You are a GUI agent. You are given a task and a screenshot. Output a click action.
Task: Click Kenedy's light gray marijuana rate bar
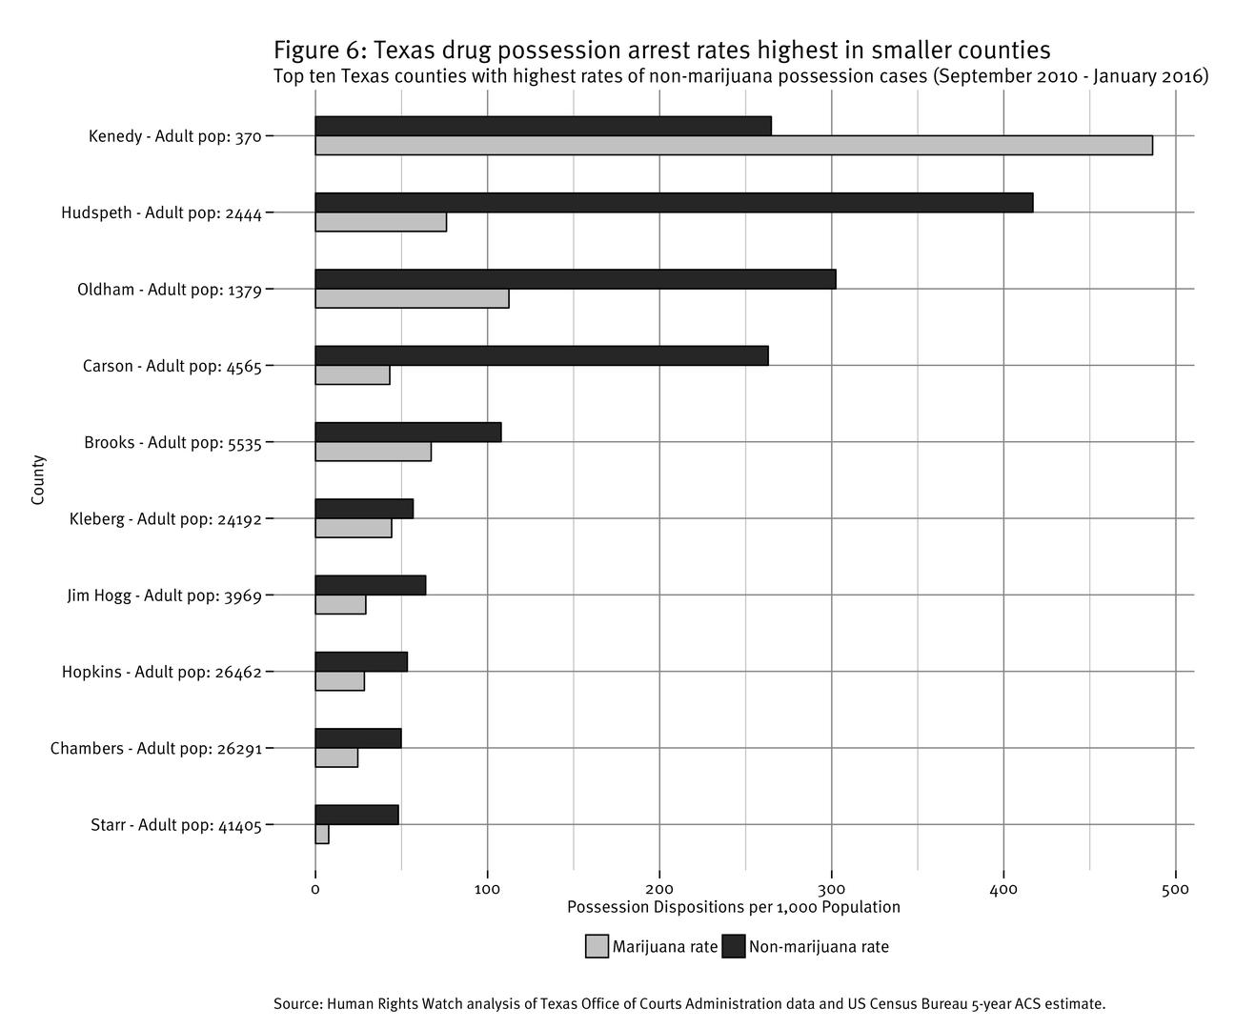[x=733, y=146]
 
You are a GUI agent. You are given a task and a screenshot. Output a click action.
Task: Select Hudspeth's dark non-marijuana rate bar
[x=674, y=203]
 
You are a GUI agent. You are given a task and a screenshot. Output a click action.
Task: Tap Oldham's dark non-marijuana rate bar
[x=576, y=279]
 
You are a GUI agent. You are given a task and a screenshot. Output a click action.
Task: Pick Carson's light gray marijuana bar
[x=353, y=375]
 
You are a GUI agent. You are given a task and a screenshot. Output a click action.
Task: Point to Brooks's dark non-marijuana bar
[x=408, y=433]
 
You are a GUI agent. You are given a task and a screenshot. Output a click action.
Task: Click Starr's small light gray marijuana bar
[x=322, y=835]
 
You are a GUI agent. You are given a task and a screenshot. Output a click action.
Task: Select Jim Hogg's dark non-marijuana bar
[x=371, y=585]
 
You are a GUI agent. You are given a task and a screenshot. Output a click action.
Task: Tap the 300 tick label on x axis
[x=832, y=890]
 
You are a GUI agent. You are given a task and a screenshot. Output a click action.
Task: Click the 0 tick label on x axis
[x=315, y=890]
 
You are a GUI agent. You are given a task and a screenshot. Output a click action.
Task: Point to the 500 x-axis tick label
[x=1176, y=890]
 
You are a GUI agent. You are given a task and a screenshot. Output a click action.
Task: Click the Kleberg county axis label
[x=165, y=519]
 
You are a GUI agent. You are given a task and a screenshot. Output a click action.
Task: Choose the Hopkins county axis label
[x=161, y=672]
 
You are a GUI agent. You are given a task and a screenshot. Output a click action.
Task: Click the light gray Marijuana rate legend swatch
[x=597, y=947]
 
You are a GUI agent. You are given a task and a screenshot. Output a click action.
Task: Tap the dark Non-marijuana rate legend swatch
[x=733, y=947]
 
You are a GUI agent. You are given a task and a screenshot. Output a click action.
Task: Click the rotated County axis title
[x=38, y=480]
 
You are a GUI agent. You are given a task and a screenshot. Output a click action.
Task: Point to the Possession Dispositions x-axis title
[x=733, y=907]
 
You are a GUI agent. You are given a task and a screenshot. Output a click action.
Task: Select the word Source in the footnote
[x=297, y=1003]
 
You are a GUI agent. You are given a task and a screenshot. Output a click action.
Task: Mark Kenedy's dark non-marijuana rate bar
[x=543, y=126]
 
